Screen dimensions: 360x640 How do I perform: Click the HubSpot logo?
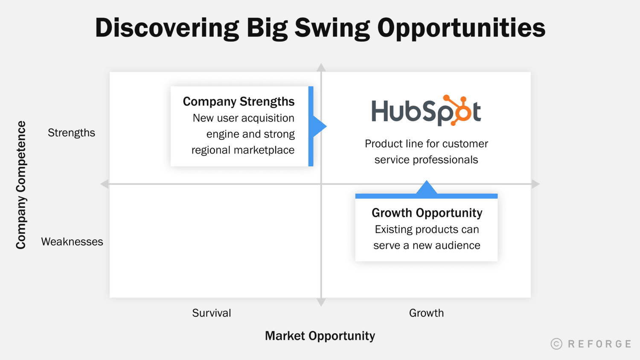(426, 111)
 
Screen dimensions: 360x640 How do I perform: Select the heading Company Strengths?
(239, 102)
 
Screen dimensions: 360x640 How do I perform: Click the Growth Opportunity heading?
(427, 212)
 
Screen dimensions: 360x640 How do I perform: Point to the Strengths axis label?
(71, 133)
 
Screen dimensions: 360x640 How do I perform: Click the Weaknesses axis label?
(72, 242)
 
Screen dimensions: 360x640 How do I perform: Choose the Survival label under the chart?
(211, 313)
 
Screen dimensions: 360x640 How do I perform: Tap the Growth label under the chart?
(426, 313)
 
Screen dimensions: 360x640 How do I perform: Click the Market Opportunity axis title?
(320, 336)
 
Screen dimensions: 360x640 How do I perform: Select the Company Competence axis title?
(21, 185)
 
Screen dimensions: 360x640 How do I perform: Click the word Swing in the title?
(332, 28)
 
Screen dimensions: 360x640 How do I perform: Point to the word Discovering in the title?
(167, 28)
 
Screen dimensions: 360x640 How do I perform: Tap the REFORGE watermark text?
(599, 344)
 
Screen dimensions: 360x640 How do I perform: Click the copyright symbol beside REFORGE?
(556, 344)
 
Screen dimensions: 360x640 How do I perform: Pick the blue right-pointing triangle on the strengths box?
(319, 126)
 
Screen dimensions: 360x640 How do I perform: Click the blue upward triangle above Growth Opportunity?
(426, 188)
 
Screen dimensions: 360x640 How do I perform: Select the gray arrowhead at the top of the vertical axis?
(321, 67)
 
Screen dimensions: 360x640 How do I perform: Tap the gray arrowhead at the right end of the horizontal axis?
(536, 184)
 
